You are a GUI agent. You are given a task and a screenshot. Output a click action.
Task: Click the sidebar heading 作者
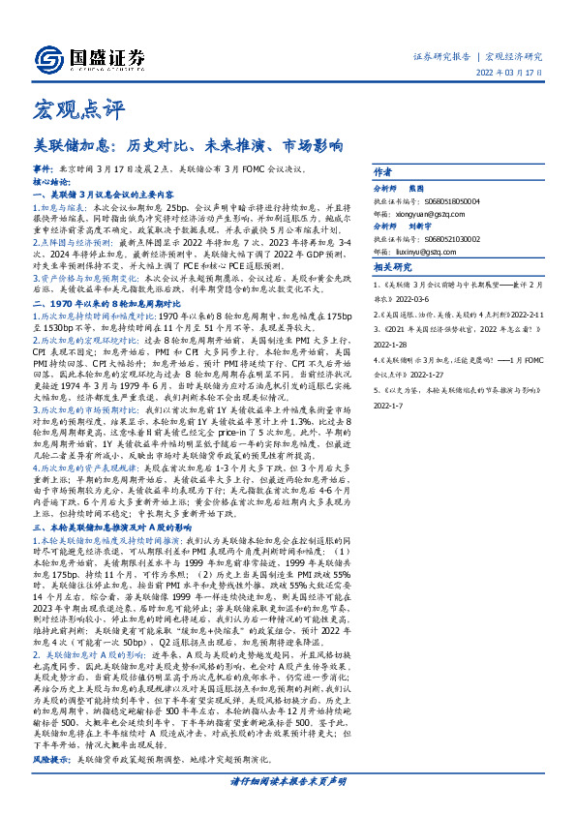point(382,168)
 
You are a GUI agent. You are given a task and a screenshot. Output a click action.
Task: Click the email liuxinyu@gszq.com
point(415,251)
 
